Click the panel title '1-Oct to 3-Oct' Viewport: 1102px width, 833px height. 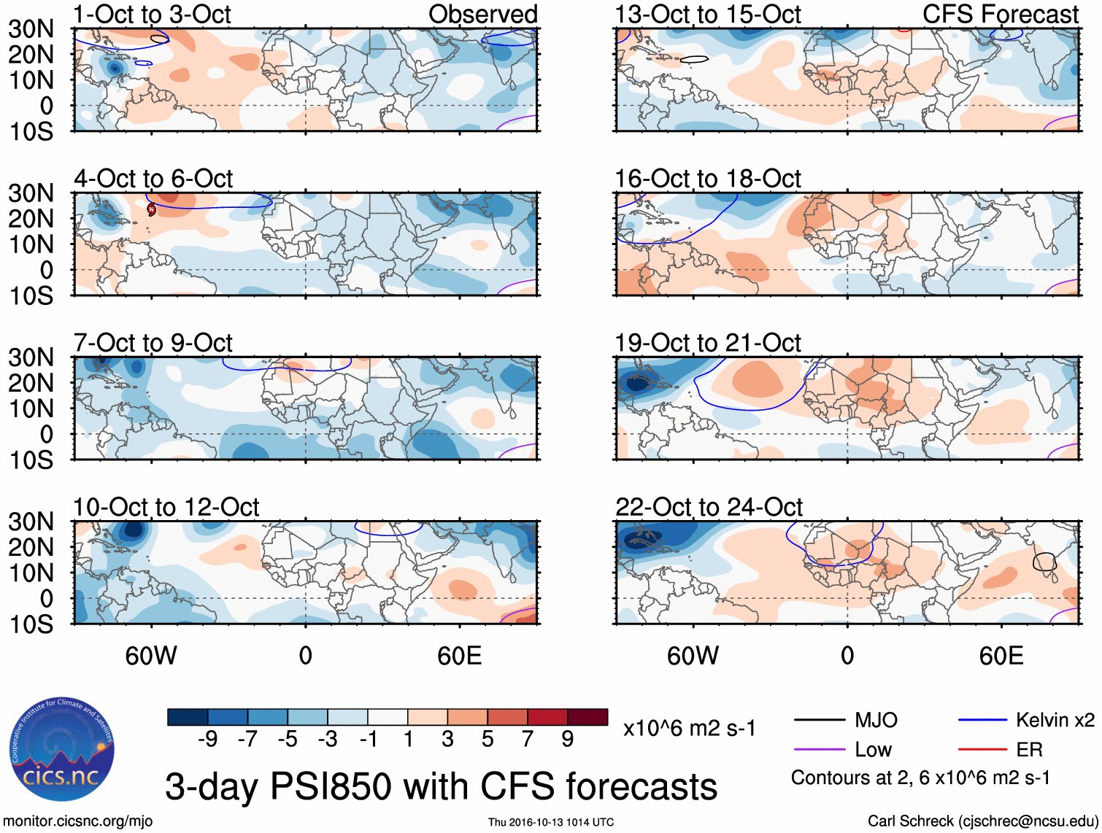(x=152, y=14)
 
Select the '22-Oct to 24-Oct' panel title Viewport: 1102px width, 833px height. (x=709, y=507)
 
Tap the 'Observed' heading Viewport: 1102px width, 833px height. (x=482, y=14)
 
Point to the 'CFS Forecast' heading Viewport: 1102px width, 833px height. (x=1001, y=14)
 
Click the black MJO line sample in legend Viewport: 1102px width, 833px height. (x=820, y=721)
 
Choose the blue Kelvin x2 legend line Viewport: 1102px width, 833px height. (x=982, y=721)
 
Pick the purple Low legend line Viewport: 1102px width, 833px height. (x=820, y=750)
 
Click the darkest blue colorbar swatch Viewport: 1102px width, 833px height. (x=188, y=717)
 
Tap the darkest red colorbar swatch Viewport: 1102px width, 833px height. (x=587, y=717)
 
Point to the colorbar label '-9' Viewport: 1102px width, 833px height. (x=208, y=740)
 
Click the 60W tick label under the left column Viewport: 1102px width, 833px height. (x=151, y=656)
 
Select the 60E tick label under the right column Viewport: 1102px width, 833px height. (x=1001, y=656)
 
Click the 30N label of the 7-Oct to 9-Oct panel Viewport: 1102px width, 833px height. (x=31, y=357)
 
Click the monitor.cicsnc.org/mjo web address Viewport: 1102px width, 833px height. (x=78, y=821)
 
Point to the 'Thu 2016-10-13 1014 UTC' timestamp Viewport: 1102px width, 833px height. (x=551, y=822)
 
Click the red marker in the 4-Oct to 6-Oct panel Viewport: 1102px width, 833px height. (x=152, y=209)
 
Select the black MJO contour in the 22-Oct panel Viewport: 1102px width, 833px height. (x=1044, y=562)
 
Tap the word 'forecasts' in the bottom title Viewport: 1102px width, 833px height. (x=641, y=787)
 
